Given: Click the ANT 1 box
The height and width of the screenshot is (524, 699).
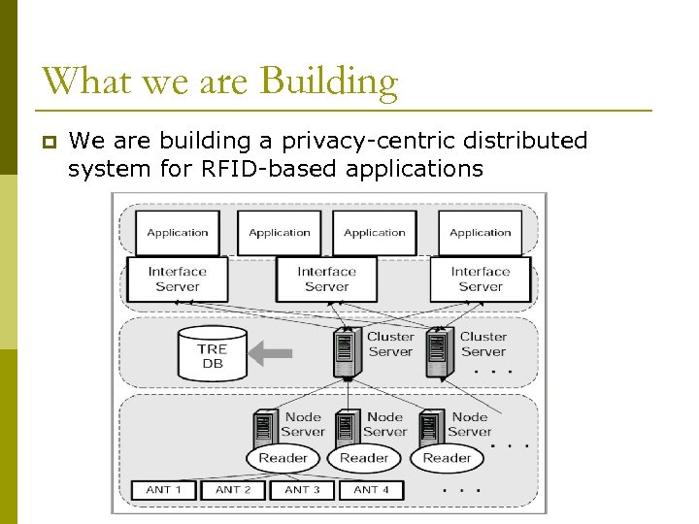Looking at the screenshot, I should coord(163,490).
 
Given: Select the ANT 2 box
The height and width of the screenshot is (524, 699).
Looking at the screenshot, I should coord(233,490).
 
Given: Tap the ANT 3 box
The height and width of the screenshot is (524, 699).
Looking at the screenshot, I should coord(302,490).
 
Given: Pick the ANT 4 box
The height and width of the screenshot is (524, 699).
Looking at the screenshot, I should coord(371,490).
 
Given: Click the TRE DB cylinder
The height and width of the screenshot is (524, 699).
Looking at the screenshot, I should coord(212,355).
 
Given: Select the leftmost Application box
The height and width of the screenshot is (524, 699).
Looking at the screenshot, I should coord(178,233).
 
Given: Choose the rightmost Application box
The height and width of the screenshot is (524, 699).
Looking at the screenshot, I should coord(481,233).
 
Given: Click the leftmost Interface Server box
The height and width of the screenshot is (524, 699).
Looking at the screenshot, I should coord(178,279).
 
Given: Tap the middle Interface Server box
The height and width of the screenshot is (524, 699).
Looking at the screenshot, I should coord(326,279).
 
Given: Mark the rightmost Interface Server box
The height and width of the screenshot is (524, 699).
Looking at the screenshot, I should coord(481,279).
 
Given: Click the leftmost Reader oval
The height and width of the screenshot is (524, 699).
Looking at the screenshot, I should coord(283,458).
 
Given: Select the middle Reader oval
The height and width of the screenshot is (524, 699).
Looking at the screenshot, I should coord(364,458).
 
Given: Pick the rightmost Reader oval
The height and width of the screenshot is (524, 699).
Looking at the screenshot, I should coord(447,458).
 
